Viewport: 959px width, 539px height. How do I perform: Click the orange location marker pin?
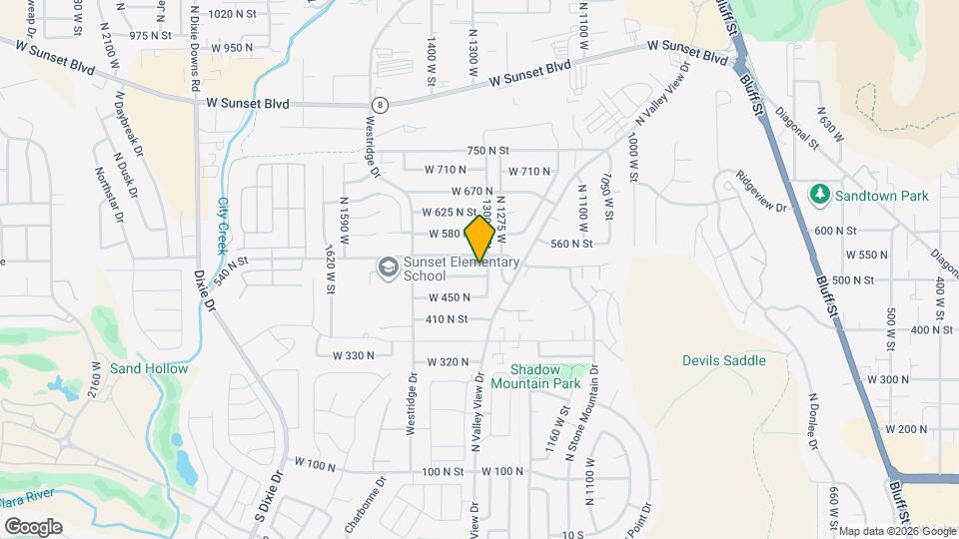click(479, 239)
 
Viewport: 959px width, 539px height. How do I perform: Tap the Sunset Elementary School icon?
click(387, 267)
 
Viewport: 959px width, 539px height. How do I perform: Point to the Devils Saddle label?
click(724, 360)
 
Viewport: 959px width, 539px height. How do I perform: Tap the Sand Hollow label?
click(149, 368)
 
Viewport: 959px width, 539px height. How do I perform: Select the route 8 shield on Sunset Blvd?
click(380, 104)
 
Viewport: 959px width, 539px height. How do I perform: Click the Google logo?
click(33, 526)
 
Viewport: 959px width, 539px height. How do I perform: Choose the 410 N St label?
click(447, 319)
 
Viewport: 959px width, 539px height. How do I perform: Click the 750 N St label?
click(487, 150)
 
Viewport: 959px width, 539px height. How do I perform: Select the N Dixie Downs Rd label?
click(194, 47)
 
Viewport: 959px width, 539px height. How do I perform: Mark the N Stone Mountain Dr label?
click(582, 410)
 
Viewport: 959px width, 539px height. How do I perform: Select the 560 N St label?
click(572, 243)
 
